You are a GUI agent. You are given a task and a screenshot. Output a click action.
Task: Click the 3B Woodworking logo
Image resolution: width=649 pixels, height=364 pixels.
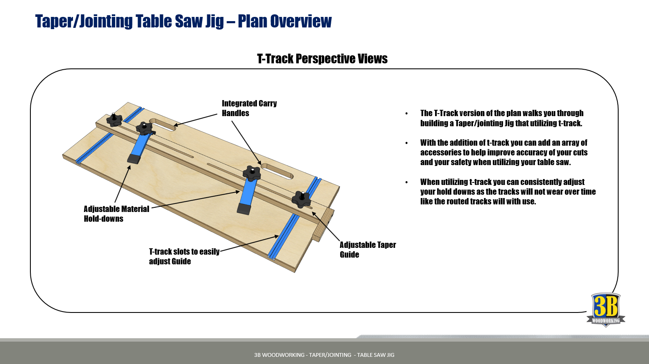(606, 310)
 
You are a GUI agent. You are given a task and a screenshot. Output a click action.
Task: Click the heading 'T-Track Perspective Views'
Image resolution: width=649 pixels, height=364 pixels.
(322, 59)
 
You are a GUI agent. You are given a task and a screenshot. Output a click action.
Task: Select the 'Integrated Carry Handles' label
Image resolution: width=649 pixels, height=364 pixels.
(249, 108)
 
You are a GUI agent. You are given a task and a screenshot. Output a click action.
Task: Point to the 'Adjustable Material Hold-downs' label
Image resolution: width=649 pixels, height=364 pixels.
(116, 214)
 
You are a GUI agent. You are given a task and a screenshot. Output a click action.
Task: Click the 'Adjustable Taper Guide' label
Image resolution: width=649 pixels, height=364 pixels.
(368, 250)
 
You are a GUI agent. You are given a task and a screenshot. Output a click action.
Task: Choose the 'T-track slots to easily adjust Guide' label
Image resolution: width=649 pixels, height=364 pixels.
(184, 256)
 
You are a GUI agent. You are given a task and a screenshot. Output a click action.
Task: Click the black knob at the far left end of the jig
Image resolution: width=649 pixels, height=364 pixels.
(114, 120)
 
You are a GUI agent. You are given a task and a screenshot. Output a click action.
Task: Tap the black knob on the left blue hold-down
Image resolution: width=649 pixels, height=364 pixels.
(144, 128)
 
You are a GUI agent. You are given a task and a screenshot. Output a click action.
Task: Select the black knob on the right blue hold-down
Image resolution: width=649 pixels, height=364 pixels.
(251, 173)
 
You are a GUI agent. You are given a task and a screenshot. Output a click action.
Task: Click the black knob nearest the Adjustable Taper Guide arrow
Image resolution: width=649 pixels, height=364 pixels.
(301, 199)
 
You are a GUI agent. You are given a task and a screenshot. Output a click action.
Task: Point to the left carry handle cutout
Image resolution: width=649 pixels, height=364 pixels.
(162, 125)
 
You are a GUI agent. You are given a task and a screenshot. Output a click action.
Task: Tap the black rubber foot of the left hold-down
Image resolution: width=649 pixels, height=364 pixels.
(134, 159)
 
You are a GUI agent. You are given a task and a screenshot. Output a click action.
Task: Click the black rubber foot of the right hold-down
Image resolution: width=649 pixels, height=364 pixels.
(244, 209)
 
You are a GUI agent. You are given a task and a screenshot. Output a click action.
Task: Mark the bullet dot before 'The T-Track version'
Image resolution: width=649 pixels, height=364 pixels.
(407, 114)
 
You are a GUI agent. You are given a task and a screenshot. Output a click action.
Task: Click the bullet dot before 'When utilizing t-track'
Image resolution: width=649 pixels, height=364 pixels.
(407, 182)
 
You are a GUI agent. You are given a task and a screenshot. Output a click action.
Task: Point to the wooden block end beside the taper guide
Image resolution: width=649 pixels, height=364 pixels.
(324, 226)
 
